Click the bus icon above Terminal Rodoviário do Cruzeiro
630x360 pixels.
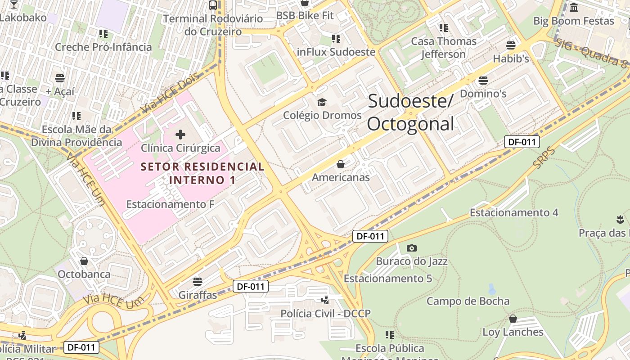[213, 5]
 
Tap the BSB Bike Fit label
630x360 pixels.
[305, 15]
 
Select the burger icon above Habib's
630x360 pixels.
[510, 45]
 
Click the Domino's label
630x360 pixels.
[483, 94]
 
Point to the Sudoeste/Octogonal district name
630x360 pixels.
[410, 112]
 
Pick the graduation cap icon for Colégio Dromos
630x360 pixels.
[322, 103]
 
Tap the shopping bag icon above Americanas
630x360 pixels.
[341, 164]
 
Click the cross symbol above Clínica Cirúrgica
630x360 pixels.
[180, 134]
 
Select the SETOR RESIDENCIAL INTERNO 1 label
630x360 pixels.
[202, 173]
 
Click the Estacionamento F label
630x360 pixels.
[170, 204]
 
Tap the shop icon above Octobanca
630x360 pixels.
[84, 261]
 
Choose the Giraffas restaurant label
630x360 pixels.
[198, 295]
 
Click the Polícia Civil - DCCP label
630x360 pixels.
[325, 313]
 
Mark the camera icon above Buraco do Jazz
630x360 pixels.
[411, 248]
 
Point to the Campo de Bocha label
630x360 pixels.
[468, 301]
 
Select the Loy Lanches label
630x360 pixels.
[513, 332]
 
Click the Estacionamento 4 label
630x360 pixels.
[514, 212]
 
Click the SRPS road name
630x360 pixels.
[544, 158]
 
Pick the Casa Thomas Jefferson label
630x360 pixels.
[444, 48]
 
